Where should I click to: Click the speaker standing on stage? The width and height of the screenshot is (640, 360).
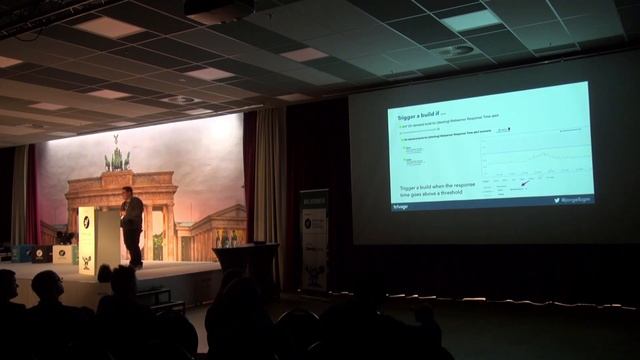131,225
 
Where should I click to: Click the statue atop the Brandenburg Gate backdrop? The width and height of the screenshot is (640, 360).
117,159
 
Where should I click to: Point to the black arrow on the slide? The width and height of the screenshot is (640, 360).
524,183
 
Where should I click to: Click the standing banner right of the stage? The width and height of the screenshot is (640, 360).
314,240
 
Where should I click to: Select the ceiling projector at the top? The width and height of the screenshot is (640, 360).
219,11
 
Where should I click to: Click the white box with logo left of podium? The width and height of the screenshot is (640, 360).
62,253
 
